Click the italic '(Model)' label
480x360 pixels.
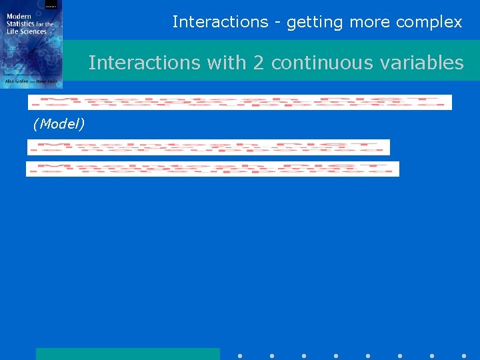59,125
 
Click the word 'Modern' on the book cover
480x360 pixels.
19,17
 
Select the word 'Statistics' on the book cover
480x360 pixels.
22,24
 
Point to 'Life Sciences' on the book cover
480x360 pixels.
27,31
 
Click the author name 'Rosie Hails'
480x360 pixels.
48,81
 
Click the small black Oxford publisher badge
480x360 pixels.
51,5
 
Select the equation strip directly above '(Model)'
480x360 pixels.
239,102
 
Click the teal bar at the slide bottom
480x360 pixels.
127,353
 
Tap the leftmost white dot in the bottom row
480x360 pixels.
240,355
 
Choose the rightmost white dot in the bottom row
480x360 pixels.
464,355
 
